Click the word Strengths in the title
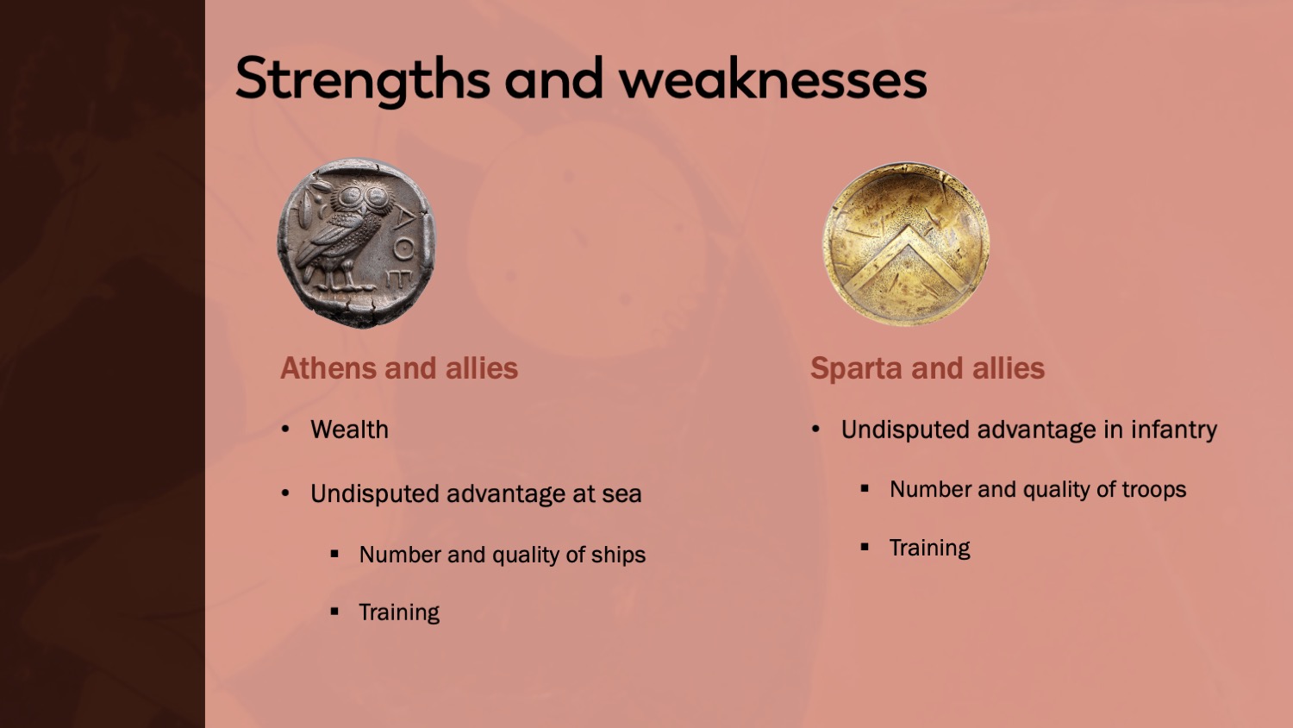tap(363, 79)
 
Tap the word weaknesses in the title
tap(773, 78)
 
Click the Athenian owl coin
tap(356, 242)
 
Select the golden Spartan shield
tap(906, 244)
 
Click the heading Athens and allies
tap(399, 368)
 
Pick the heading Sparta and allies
tap(928, 368)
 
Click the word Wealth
tap(349, 430)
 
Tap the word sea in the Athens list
tap(622, 494)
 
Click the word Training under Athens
tap(399, 612)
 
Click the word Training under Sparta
tap(930, 548)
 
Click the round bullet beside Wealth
tap(285, 430)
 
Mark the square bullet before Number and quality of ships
tap(334, 554)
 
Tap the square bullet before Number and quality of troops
tap(864, 489)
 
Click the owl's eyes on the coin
tap(364, 198)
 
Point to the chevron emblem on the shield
tap(906, 258)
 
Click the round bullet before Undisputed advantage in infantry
tap(815, 430)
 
